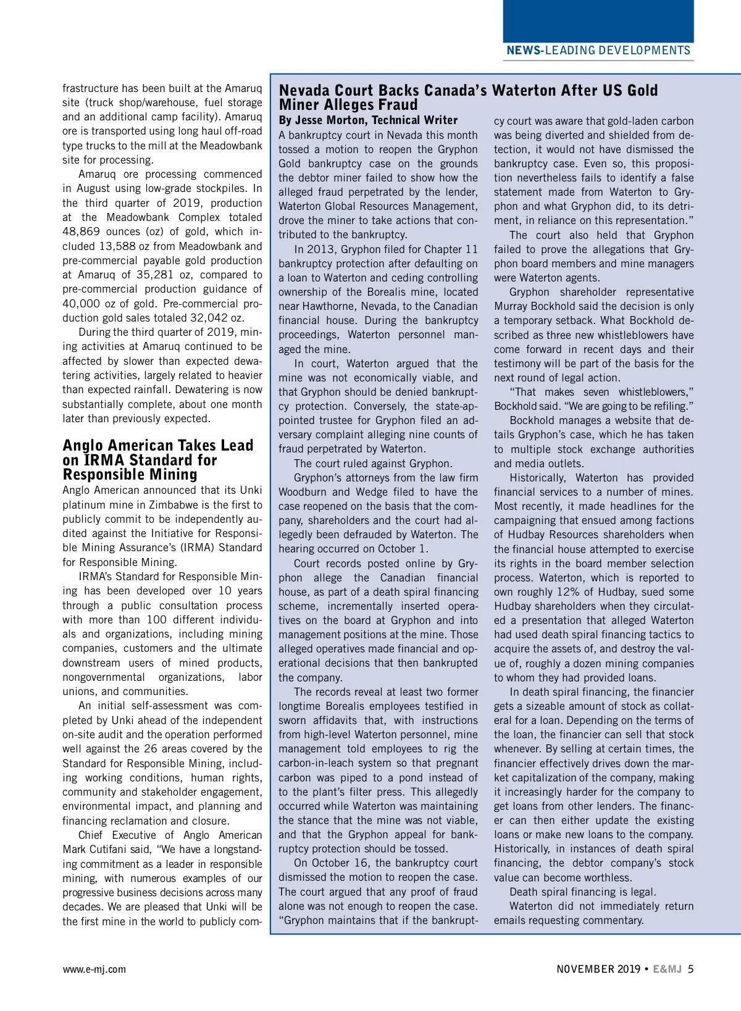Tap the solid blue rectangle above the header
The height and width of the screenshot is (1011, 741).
pos(598,20)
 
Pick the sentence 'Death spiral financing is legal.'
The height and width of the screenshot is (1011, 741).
pos(582,892)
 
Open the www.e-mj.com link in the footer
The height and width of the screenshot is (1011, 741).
pos(94,969)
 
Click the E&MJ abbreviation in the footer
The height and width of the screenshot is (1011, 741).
pos(668,969)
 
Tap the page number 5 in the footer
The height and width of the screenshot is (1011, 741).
pos(690,969)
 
